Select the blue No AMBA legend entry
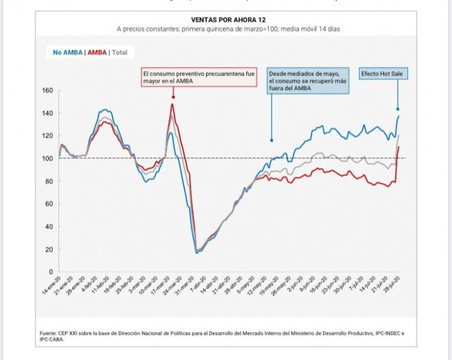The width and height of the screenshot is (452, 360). tap(64, 53)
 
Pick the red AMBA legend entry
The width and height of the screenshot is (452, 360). tap(97, 53)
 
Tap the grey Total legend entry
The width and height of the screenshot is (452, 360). tap(120, 53)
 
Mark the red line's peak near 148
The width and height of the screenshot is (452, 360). tap(172, 104)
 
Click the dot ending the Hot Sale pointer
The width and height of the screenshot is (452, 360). tap(398, 109)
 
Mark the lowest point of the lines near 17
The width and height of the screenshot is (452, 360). tap(196, 252)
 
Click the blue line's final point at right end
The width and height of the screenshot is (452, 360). tap(399, 116)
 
